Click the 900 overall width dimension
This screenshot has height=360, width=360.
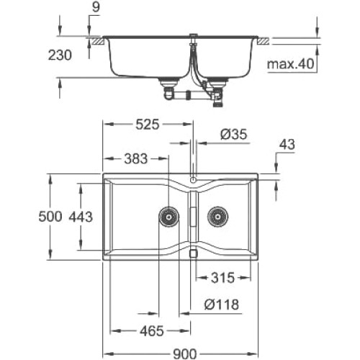pos(184,354)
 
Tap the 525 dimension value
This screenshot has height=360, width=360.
pos(148,125)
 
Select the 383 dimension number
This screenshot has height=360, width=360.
pos(136,159)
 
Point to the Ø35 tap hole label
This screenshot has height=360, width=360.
pos(233,135)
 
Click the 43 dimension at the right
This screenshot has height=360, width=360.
pos(287,145)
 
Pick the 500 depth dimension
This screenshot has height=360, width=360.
pos(50,217)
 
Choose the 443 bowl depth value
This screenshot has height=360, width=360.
pos(81,217)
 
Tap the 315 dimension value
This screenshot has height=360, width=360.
pos(222,278)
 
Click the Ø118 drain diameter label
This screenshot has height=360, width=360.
pos(222,305)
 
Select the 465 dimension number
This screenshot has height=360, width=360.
pos(152,331)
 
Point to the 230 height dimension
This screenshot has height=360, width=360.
pos(60,55)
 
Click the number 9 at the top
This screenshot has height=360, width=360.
pos(96,7)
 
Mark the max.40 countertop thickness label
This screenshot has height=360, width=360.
pos(291,64)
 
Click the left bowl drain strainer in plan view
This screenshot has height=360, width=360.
pos(169,217)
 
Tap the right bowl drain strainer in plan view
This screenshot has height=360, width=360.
pos(218,217)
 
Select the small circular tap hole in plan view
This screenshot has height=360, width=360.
pos(193,179)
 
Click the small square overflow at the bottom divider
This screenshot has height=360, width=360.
pos(193,253)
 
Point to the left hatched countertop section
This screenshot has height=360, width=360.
pos(96,40)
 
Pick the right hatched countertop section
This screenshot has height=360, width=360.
pos(264,40)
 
